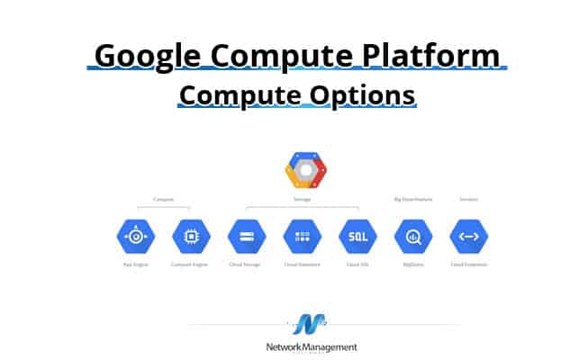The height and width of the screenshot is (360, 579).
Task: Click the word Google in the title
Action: pyautogui.click(x=149, y=56)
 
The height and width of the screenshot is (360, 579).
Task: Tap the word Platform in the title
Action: pyautogui.click(x=435, y=56)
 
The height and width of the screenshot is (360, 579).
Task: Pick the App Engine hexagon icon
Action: pyautogui.click(x=135, y=237)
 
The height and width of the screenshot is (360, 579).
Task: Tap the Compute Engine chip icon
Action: pyautogui.click(x=191, y=237)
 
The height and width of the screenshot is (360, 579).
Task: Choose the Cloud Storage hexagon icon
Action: pyautogui.click(x=247, y=237)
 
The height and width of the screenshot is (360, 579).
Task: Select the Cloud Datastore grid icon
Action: pyautogui.click(x=302, y=237)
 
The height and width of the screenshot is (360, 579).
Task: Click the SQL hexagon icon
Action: pyautogui.click(x=357, y=237)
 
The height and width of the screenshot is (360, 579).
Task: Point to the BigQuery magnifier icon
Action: pyautogui.click(x=413, y=237)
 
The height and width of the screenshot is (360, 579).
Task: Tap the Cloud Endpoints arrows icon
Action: pyautogui.click(x=468, y=237)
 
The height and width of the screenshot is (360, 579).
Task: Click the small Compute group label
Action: pyautogui.click(x=163, y=199)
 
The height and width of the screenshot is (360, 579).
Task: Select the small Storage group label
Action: pyautogui.click(x=303, y=199)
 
